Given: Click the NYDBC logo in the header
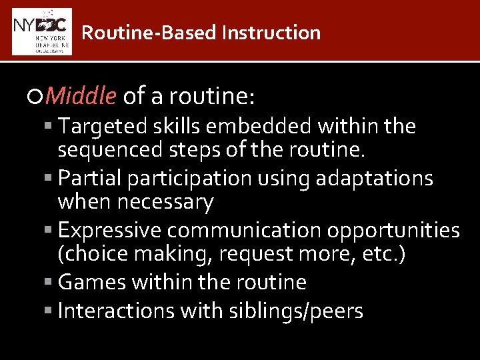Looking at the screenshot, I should [42, 31].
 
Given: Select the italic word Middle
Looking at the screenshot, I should [82, 97].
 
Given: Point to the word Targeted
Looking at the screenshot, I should [104, 126].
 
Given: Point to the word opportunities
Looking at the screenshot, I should [394, 231].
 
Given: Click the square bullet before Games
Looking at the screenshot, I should [51, 283].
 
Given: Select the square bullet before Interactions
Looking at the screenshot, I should [51, 311].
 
